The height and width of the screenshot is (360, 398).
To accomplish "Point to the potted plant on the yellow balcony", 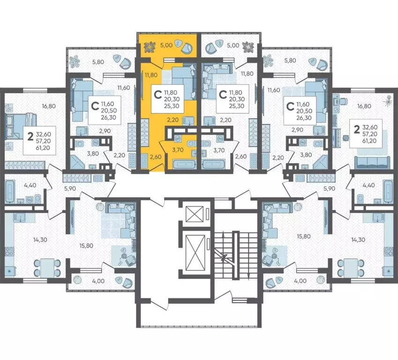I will click(x=150, y=46).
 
